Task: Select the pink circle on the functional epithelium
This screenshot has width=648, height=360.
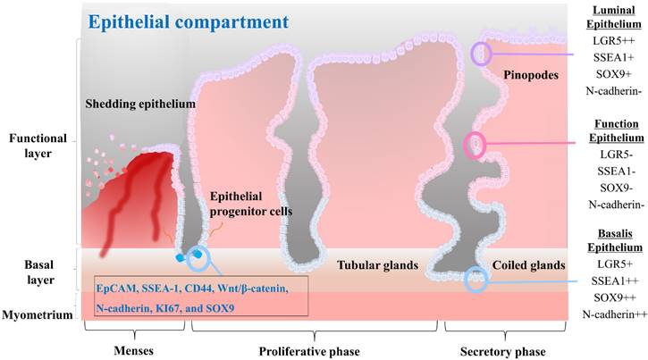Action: tap(475, 145)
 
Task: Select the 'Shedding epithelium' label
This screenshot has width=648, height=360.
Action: tap(141, 105)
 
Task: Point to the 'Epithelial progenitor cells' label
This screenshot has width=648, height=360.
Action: tap(253, 205)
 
